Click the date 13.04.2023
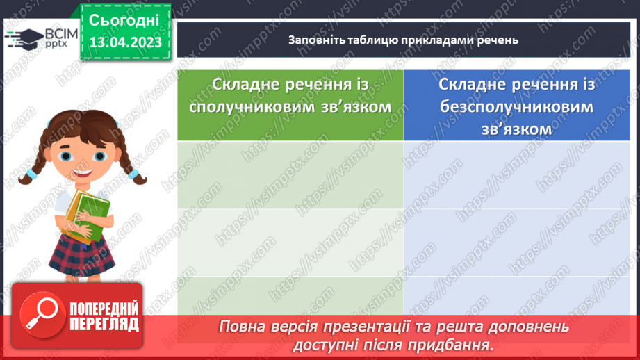[125, 42]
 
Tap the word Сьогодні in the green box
[125, 19]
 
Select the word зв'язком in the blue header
[517, 129]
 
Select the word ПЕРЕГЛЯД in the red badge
[104, 325]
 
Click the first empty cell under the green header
[290, 174]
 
